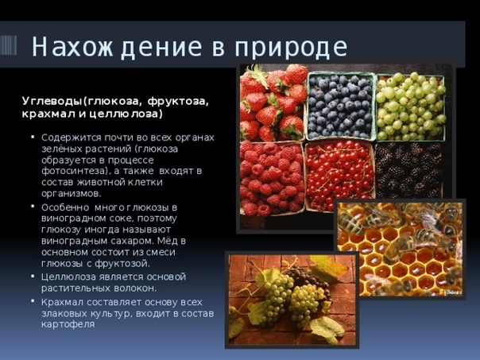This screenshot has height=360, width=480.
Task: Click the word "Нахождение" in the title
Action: coord(117,47)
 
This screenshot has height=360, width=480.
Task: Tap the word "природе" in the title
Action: coord(291,48)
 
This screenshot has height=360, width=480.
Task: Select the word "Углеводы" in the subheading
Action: coord(53,102)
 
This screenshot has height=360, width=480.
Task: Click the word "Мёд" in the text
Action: coord(168,241)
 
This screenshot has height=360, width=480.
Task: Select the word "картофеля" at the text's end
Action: coord(68,324)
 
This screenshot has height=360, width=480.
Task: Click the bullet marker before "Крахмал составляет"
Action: coord(33,301)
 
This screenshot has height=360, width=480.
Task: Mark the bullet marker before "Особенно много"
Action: coord(33,207)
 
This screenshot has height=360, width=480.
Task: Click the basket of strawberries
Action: coord(273,103)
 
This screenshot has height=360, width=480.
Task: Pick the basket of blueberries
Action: coord(340,106)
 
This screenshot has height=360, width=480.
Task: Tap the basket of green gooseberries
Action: coord(411,106)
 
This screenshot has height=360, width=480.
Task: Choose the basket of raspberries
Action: coord(272,178)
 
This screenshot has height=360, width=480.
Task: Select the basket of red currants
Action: coord(340,176)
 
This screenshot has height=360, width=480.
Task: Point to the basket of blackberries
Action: coord(409,170)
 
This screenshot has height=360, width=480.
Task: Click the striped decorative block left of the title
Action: coord(8,45)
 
